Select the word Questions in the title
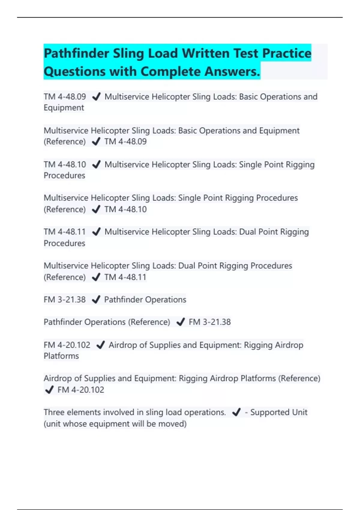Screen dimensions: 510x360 pos(75,71)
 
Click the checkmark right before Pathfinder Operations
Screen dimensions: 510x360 pos(96,299)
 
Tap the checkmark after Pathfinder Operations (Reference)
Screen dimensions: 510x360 pos(181,322)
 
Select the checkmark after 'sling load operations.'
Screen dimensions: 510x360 pos(236,412)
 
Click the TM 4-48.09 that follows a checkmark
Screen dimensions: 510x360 pos(125,142)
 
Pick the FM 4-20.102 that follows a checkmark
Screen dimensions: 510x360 pos(81,390)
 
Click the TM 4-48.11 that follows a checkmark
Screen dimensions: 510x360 pos(125,277)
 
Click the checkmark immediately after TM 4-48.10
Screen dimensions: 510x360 pos(96,164)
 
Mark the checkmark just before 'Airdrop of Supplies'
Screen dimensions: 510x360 pos(100,345)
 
